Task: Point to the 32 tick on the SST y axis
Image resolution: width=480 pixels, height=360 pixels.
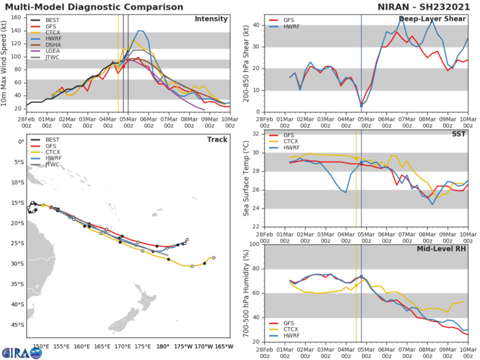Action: [255, 134]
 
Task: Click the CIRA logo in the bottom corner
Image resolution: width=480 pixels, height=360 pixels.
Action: [21, 352]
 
